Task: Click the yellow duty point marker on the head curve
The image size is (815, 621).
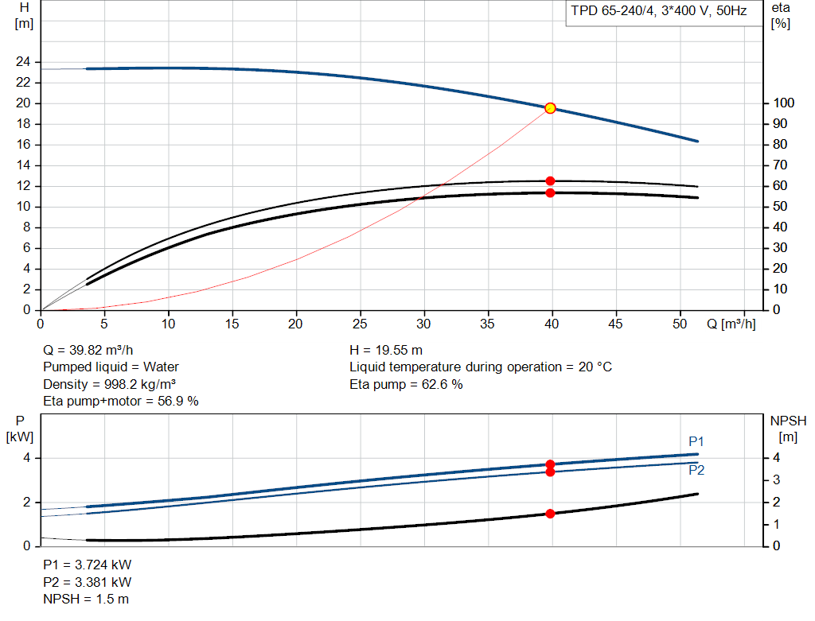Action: click(x=550, y=108)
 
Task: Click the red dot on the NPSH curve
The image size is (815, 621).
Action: click(x=550, y=514)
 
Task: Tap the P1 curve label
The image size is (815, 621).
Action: click(x=696, y=441)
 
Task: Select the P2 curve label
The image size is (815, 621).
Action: click(x=696, y=470)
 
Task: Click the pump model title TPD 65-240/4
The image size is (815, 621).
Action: click(x=613, y=11)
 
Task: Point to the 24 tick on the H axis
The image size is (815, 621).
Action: click(x=23, y=62)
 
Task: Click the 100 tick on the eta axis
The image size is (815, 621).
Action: click(x=784, y=103)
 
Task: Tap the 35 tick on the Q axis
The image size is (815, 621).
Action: click(x=488, y=324)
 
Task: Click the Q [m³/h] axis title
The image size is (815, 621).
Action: click(x=731, y=324)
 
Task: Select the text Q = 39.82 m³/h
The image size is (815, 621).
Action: click(x=88, y=350)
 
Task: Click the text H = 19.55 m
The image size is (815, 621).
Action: click(x=386, y=350)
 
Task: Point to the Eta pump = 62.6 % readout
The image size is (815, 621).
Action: click(x=406, y=384)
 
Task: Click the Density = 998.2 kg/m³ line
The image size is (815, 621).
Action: click(x=110, y=384)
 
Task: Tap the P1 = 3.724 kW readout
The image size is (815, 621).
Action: click(x=88, y=565)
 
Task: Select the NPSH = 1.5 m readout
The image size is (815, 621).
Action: click(x=86, y=599)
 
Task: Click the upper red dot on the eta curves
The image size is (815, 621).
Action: click(x=550, y=181)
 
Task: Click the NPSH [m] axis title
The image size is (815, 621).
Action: click(x=788, y=429)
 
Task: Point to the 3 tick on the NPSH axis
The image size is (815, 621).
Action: click(x=777, y=479)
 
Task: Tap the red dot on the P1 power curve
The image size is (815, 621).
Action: click(x=550, y=464)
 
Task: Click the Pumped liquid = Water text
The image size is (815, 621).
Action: click(x=111, y=367)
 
